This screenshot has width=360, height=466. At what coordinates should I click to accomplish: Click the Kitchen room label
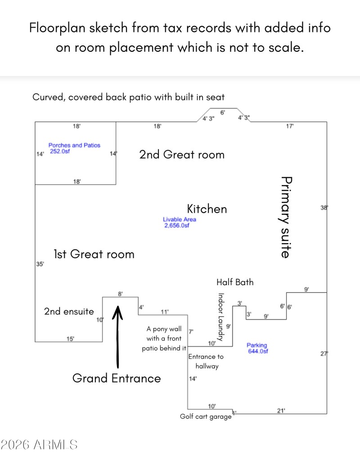point(207,209)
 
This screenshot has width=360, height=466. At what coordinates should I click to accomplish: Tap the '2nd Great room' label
point(181,155)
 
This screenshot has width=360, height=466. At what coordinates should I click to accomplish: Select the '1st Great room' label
point(94,254)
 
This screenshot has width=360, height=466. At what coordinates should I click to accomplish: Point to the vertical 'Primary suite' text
point(285,217)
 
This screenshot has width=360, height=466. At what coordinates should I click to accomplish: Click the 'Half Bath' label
point(235,282)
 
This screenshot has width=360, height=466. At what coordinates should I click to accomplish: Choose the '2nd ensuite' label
point(69,311)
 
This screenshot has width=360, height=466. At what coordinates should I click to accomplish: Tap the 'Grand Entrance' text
point(117,378)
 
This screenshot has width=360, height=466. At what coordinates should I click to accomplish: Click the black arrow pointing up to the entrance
point(118,335)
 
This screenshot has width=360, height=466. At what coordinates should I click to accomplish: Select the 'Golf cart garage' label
point(206,417)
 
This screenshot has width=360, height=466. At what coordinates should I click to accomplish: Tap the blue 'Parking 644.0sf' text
point(257,348)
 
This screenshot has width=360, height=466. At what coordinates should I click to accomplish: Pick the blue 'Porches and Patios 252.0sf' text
point(74,148)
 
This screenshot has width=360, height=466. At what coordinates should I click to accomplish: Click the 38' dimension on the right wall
point(324,208)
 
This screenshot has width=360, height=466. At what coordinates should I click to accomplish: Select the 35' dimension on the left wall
point(40,264)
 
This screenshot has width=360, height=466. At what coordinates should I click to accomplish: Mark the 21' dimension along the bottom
point(281,410)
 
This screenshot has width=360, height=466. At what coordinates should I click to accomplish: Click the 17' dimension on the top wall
point(290,127)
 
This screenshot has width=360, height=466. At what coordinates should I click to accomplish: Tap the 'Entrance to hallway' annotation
point(206,362)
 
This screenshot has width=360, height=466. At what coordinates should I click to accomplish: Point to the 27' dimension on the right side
point(324,354)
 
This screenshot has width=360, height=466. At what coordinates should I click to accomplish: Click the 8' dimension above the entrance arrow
point(120,294)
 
